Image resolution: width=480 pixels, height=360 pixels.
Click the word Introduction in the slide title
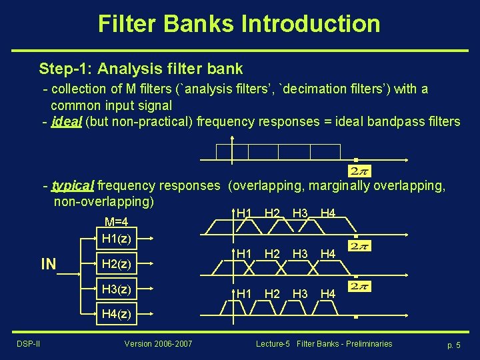[311, 24]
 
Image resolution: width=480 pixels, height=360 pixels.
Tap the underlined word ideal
[67, 121]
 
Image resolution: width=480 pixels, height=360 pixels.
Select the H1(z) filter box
[117, 238]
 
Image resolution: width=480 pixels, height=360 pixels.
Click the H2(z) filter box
[117, 264]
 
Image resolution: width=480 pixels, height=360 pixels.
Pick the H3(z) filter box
[117, 289]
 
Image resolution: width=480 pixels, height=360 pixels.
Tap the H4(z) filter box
[117, 313]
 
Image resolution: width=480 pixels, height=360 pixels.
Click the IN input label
[49, 265]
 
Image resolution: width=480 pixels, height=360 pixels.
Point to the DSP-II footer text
[28, 344]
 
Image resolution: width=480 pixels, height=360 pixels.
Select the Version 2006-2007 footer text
[158, 344]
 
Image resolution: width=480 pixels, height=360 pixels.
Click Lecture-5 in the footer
[273, 344]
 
